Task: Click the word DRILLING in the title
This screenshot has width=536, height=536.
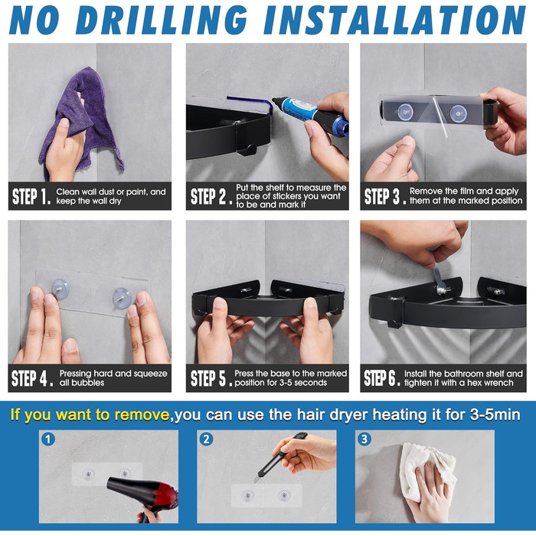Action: pos(161,20)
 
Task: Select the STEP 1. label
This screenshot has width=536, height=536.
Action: pos(31,197)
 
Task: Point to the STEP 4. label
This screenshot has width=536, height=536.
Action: pos(32,378)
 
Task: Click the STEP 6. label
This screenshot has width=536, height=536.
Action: pos(382,377)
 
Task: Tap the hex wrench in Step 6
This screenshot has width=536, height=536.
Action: pos(439,279)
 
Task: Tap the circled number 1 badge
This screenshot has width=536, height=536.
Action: pos(48,440)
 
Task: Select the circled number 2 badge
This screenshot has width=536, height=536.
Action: pos(206,440)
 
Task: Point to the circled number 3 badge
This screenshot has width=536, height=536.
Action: pos(364,440)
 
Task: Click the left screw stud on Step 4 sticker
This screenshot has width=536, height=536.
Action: pos(60,289)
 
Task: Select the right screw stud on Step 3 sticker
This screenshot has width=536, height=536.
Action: pos(457,113)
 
